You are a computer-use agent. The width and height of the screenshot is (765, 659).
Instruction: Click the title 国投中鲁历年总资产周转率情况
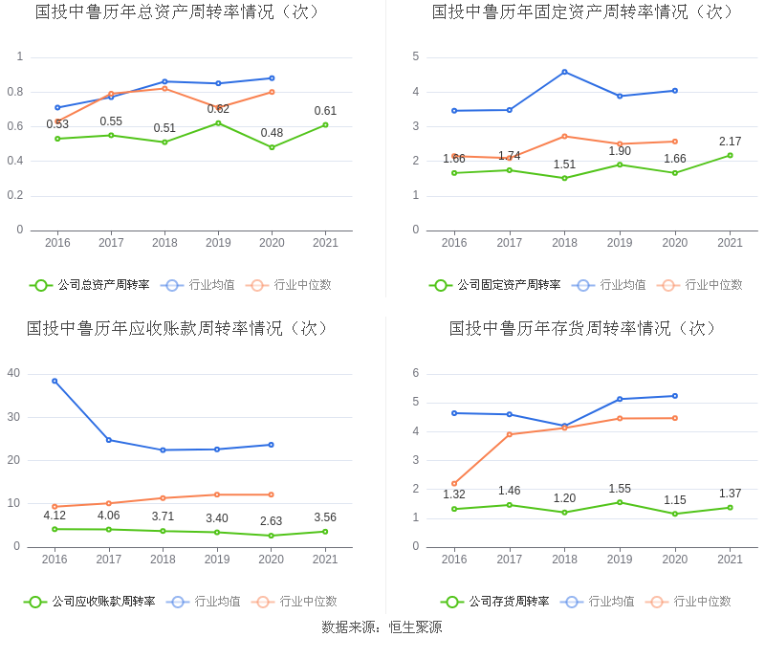[x=178, y=12]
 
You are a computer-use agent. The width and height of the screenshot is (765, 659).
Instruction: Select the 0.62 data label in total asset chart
[x=218, y=109]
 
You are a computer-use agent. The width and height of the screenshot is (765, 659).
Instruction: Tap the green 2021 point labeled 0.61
[x=325, y=124]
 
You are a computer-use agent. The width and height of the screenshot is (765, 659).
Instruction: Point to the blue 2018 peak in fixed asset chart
[x=564, y=72]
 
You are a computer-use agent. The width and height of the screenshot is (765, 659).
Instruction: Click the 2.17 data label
[x=730, y=142]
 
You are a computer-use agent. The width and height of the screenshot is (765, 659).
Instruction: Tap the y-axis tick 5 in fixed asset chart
[x=416, y=56]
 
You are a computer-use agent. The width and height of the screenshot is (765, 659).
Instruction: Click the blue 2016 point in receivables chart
[x=55, y=381]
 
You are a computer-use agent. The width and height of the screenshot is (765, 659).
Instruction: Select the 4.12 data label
[x=55, y=516]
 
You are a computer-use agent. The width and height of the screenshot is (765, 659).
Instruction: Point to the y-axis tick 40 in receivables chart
[x=13, y=373]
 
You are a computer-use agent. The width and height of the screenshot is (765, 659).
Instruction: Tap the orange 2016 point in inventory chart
[x=454, y=484]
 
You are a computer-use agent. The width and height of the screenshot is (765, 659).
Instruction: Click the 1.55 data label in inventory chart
[x=620, y=489]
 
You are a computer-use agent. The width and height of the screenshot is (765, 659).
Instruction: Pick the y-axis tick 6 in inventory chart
[x=416, y=373]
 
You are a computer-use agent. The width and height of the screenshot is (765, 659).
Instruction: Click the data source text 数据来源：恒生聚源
[x=382, y=627]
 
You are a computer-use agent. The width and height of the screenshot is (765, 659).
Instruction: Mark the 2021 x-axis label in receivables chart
[x=325, y=560]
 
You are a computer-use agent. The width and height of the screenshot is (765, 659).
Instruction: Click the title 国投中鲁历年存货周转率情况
[x=583, y=329]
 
